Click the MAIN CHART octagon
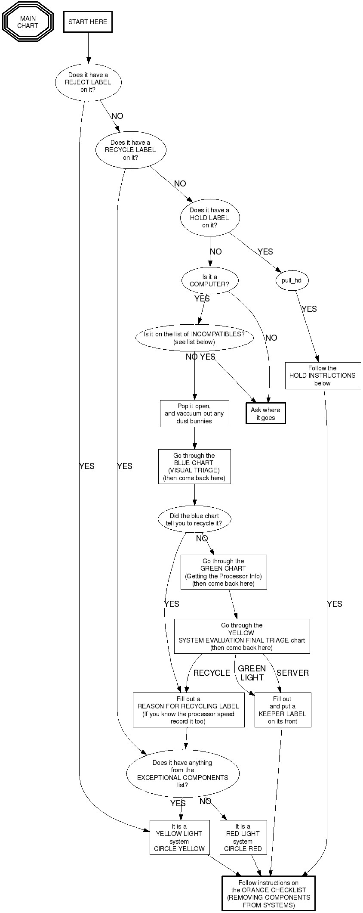pyautogui.click(x=28, y=22)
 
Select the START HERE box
pyautogui.click(x=88, y=22)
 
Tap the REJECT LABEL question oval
pyautogui.click(x=88, y=82)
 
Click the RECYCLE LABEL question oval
pyautogui.click(x=130, y=150)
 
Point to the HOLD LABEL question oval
pyautogui.click(x=209, y=218)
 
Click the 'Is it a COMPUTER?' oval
pyautogui.click(x=209, y=281)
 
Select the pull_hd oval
pyautogui.click(x=292, y=281)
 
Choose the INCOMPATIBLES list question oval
pyautogui.click(x=194, y=338)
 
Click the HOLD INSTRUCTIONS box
pyautogui.click(x=323, y=376)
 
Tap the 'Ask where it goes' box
pyautogui.click(x=265, y=414)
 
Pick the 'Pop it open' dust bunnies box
pyautogui.click(x=194, y=414)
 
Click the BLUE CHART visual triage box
pyautogui.click(x=194, y=466)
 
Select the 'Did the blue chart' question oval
pyautogui.click(x=194, y=519)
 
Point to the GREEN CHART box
pyautogui.click(x=224, y=572)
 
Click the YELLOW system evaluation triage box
pyautogui.click(x=242, y=636)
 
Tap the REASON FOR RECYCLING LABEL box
pyautogui.click(x=188, y=710)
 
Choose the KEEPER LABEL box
pyautogui.click(x=283, y=710)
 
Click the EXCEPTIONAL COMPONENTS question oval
pyautogui.click(x=183, y=773)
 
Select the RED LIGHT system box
pyautogui.click(x=243, y=837)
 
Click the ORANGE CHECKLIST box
pyautogui.click(x=269, y=894)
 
